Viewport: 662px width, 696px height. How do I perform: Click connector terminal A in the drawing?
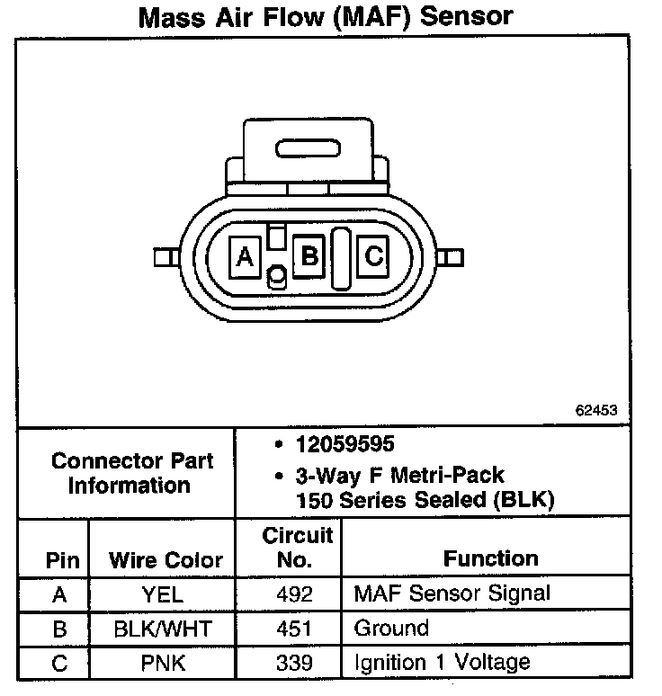point(244,257)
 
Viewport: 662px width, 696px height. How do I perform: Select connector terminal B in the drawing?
point(309,257)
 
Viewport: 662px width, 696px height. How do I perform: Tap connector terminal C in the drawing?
point(373,257)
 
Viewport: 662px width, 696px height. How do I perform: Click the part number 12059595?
point(345,444)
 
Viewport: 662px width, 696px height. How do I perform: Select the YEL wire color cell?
point(163,594)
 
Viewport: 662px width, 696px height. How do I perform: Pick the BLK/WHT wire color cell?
point(163,628)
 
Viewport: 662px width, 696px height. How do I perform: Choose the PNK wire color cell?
point(163,663)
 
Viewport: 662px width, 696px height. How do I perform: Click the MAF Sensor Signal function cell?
point(452,594)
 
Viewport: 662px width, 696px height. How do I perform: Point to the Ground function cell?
point(391,628)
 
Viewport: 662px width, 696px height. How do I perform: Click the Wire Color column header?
point(165,560)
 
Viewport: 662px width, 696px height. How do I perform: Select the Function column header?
point(491,558)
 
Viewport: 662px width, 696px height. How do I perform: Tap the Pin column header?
point(62,560)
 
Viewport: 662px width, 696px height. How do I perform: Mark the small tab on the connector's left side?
point(163,258)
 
